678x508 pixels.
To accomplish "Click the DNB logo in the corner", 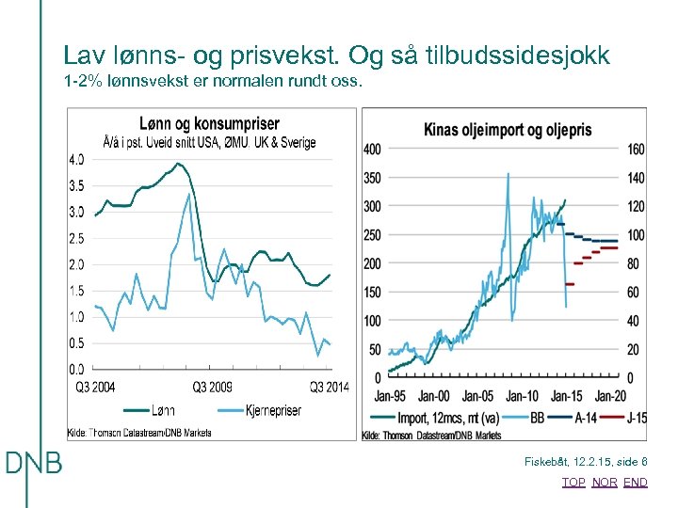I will [33, 463].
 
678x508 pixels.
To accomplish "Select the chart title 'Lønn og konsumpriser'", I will [209, 123].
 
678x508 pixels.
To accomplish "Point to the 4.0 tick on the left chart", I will [76, 159].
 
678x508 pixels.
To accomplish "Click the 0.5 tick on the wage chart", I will [76, 342].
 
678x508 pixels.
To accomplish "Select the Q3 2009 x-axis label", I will [213, 386].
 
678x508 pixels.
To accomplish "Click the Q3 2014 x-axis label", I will [329, 386].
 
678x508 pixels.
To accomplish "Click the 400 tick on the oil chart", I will [372, 149].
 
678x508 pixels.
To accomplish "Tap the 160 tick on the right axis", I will [636, 149].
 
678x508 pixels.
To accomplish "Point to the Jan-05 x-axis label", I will [478, 395].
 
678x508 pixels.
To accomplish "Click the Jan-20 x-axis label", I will [610, 395].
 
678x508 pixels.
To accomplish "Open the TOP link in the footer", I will [573, 483].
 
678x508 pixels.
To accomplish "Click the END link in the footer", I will [636, 483].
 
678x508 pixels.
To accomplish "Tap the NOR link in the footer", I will [604, 483].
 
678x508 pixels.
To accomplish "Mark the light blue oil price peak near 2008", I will [508, 174].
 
